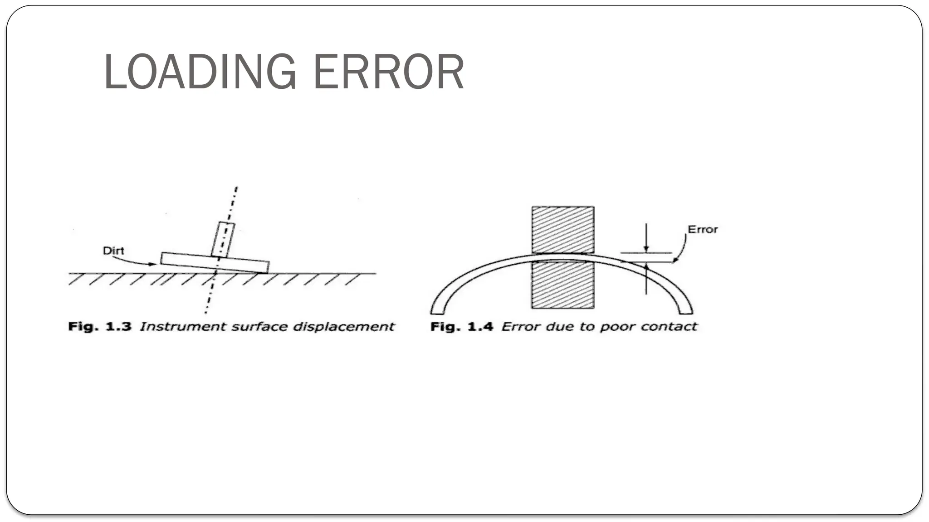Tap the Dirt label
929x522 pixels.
click(113, 251)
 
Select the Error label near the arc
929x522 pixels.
click(703, 230)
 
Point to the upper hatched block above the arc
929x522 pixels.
click(563, 229)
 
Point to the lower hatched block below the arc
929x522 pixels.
click(563, 285)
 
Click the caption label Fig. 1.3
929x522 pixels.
click(100, 326)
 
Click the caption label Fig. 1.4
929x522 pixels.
click(462, 326)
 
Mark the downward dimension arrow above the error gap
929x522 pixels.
click(646, 238)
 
